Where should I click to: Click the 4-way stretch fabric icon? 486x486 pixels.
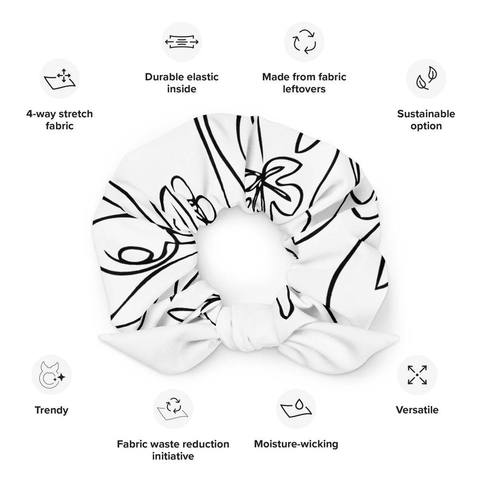pyautogui.click(x=59, y=79)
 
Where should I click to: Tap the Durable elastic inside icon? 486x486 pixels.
pyautogui.click(x=182, y=42)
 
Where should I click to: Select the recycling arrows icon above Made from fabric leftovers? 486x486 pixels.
pyautogui.click(x=304, y=42)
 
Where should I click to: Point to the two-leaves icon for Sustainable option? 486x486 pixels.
pyautogui.click(x=426, y=78)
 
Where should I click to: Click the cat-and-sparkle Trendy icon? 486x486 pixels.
pyautogui.click(x=51, y=375)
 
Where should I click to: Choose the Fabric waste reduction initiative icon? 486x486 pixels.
pyautogui.click(x=173, y=409)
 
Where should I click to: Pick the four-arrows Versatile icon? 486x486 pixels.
pyautogui.click(x=417, y=375)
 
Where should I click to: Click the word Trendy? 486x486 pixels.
pyautogui.click(x=51, y=410)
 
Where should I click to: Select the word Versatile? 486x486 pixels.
pyautogui.click(x=417, y=410)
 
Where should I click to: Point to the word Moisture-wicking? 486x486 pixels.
pyautogui.click(x=296, y=444)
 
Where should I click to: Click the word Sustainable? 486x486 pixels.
pyautogui.click(x=426, y=114)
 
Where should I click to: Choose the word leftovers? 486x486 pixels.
pyautogui.click(x=304, y=89)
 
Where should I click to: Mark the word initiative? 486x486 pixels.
pyautogui.click(x=173, y=456)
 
